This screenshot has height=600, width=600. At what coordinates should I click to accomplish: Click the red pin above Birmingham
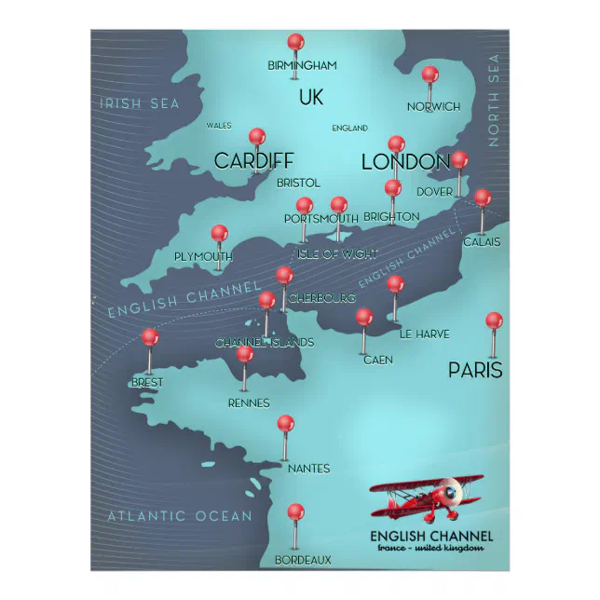pos(295,42)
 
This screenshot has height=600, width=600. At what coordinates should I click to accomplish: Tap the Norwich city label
pos(433,106)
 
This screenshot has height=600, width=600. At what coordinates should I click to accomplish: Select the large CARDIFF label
pos(253,160)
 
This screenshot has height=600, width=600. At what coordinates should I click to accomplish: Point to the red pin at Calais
pos(482,198)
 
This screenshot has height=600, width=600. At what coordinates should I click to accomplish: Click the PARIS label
pos(475,370)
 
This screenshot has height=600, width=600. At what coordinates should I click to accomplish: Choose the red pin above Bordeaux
pos(295,511)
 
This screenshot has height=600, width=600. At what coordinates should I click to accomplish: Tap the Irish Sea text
pos(140,103)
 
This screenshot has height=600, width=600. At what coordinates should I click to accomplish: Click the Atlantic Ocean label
pos(180,515)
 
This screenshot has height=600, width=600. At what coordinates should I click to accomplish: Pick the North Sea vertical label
pos(493,101)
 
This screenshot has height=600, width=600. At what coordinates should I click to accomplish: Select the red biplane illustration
pos(427,498)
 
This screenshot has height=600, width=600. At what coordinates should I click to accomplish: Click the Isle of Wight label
pos(337,253)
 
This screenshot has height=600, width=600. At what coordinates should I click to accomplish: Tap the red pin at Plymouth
pos(219,233)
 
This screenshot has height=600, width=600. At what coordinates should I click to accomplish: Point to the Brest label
pos(147,382)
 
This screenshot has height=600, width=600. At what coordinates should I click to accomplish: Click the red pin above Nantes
pos(285,423)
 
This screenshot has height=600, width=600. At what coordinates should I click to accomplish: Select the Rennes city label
pos(249,402)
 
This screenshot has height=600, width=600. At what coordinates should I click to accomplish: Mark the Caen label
pos(377,359)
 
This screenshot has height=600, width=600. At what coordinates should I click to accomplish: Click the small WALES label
pos(219,125)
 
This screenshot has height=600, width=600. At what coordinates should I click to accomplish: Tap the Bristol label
pos(298,183)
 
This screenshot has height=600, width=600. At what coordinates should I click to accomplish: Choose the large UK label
pos(311,97)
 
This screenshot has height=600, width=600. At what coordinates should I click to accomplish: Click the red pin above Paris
pos(494,320)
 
